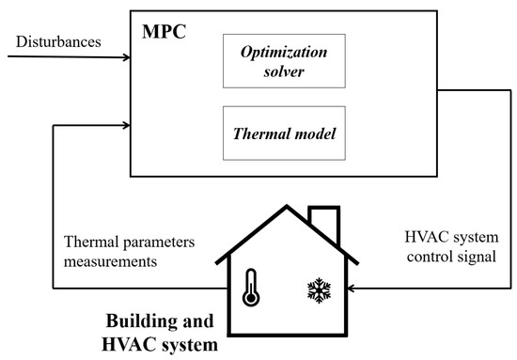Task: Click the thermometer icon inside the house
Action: pyautogui.click(x=250, y=287)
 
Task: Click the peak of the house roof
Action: pyautogui.click(x=279, y=205)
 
